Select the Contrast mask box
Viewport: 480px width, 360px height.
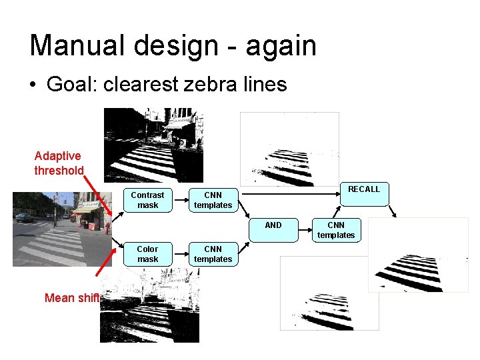point(147,200)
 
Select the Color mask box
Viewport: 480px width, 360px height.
point(147,254)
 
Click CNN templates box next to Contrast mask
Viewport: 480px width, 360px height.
point(213,200)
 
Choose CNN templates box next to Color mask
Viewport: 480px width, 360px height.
point(213,254)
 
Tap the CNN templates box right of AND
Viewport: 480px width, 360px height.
point(336,230)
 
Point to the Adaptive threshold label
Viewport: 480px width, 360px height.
point(59,163)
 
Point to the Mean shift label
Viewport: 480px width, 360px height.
point(71,298)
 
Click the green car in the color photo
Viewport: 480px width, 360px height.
point(24,217)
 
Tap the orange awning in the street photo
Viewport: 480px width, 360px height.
point(85,209)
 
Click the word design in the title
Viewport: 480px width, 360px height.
point(178,45)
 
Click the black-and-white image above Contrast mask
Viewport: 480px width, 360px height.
point(153,145)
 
